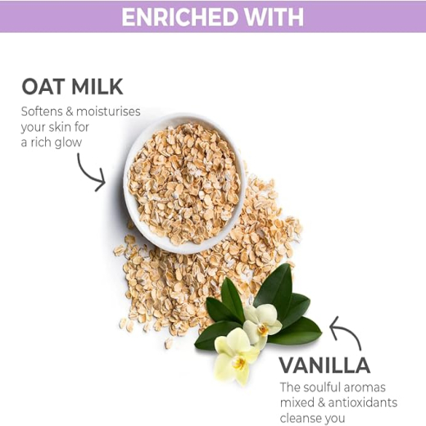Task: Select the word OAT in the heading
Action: click(x=43, y=87)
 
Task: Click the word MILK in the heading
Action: click(x=97, y=87)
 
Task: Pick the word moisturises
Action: click(x=108, y=111)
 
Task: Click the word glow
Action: click(x=68, y=143)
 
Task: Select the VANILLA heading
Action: click(x=324, y=365)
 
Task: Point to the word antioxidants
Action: click(x=363, y=403)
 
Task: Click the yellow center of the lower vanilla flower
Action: click(x=239, y=363)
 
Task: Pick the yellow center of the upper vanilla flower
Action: click(x=263, y=330)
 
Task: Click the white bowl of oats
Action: click(x=184, y=184)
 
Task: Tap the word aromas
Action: click(x=365, y=387)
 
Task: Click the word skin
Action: click(x=58, y=127)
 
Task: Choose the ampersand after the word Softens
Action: click(x=69, y=111)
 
